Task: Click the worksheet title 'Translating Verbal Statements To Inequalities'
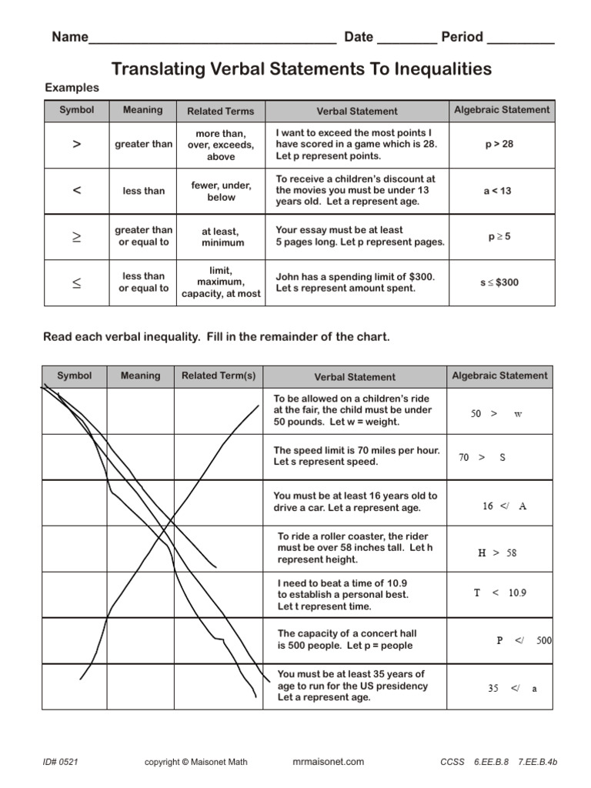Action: coord(301,69)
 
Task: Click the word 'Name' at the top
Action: coord(70,38)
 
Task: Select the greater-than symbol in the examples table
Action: coord(76,144)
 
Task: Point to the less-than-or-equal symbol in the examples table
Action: coord(76,282)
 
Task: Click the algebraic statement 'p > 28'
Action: coord(499,144)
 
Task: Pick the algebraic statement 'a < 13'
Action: coord(497,191)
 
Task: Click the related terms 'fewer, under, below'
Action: coord(221,191)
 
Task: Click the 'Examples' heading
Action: coord(72,88)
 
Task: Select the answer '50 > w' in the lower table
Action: coord(496,414)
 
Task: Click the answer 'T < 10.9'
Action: coord(499,593)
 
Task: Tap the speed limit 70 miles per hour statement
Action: coord(356,456)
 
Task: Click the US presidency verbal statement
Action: coord(352,686)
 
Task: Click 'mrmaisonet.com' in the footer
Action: coord(329,762)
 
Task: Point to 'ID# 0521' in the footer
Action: coord(61,762)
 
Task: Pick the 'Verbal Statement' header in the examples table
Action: coord(357,112)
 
